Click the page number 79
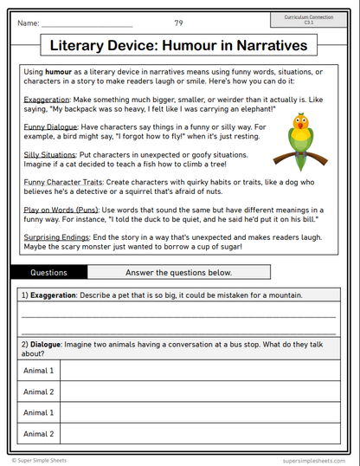(178, 23)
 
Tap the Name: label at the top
(28, 23)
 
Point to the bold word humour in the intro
(61, 70)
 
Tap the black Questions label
(48, 272)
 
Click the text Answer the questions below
(178, 272)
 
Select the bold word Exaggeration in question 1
(53, 295)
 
